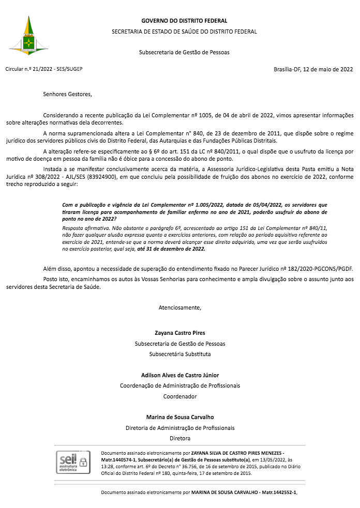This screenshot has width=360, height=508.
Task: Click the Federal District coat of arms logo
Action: coord(29,36)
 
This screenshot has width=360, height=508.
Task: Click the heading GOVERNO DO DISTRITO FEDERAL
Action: coord(184,21)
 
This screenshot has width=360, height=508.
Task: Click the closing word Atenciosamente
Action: coord(179,307)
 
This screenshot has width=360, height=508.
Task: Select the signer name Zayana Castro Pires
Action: coord(180,333)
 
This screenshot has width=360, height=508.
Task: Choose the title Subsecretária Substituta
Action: coord(180,354)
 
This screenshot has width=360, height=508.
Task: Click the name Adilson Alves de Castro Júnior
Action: coord(180,375)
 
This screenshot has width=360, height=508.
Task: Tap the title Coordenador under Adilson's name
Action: coord(180,396)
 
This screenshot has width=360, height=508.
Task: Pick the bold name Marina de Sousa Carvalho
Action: coord(180,417)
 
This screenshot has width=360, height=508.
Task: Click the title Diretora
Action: coord(180,438)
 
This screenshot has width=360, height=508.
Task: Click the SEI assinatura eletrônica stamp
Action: coord(72,461)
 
